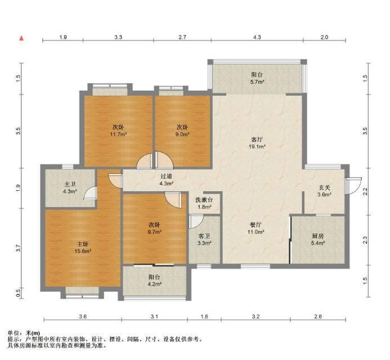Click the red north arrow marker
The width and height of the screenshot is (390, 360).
21,38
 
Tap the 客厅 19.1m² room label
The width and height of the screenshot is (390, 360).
257,143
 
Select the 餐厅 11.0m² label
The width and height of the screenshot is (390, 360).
255,228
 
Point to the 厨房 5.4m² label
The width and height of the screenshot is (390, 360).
318,239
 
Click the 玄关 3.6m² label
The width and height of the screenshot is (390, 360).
324,191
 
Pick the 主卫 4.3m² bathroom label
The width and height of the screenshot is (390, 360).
70,188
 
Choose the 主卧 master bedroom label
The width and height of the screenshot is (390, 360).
83,247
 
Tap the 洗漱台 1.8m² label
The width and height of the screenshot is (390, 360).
204,203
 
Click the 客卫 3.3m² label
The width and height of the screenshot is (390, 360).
204,239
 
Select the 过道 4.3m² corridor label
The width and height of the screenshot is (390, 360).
166,180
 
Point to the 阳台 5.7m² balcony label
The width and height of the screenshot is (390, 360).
257,78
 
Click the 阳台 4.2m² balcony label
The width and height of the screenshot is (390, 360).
154,280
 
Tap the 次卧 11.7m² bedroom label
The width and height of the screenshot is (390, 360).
118,130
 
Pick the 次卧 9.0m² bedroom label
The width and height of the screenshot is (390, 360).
182,130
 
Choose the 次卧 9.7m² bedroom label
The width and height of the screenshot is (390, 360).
154,228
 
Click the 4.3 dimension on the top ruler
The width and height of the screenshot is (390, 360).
257,37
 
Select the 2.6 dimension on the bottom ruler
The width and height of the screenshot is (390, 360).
318,316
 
